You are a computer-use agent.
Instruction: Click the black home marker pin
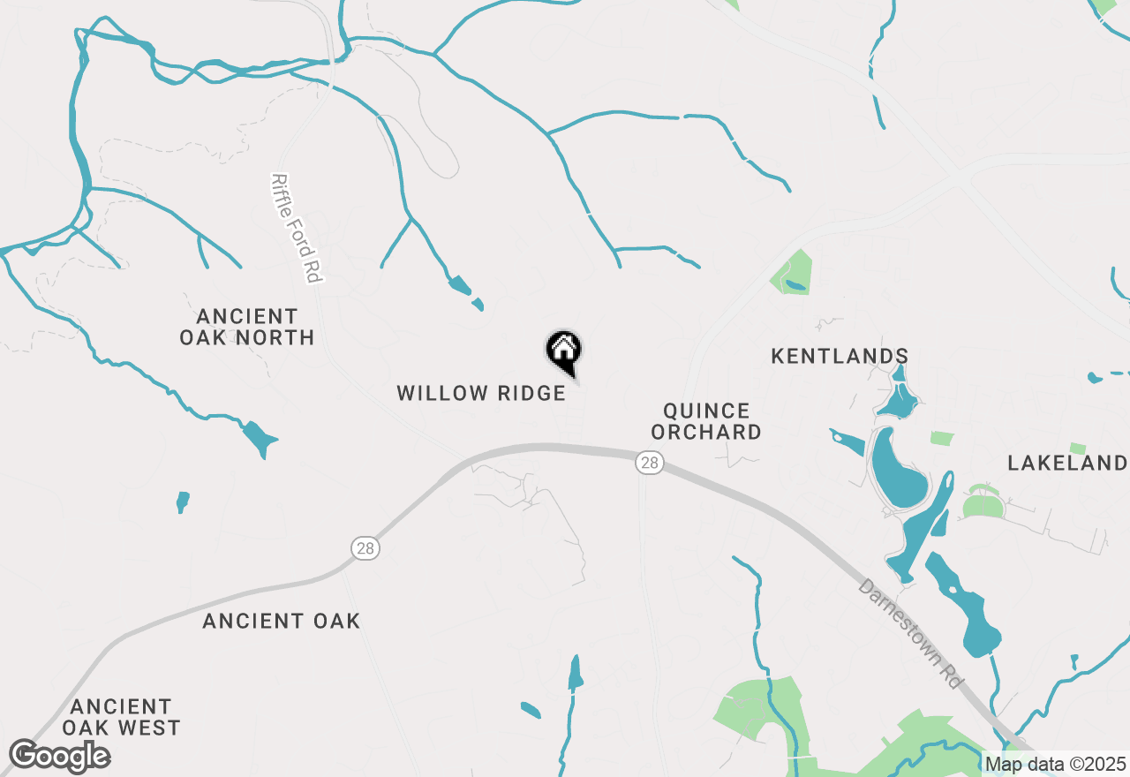tap(563, 351)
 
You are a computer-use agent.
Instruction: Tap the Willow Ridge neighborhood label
tap(481, 393)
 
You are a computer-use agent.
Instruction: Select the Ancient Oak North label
tap(247, 327)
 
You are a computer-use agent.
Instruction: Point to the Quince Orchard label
tap(712, 421)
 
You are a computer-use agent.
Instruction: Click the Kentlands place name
tap(840, 356)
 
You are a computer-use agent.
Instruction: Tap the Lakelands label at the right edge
tap(1067, 463)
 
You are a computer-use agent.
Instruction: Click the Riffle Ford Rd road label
tap(295, 228)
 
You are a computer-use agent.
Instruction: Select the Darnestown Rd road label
tap(910, 637)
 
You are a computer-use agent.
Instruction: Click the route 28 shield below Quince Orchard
tap(649, 462)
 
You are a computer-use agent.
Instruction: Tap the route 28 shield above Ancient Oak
tap(365, 548)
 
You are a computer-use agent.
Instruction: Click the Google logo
tap(59, 756)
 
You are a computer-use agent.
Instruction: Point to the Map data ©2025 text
tap(1055, 764)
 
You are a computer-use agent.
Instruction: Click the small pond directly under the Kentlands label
tap(899, 400)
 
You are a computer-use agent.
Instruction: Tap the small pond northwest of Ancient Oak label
tap(183, 502)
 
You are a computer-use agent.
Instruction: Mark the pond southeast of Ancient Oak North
tap(259, 438)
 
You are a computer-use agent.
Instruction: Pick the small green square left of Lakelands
tap(941, 438)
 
